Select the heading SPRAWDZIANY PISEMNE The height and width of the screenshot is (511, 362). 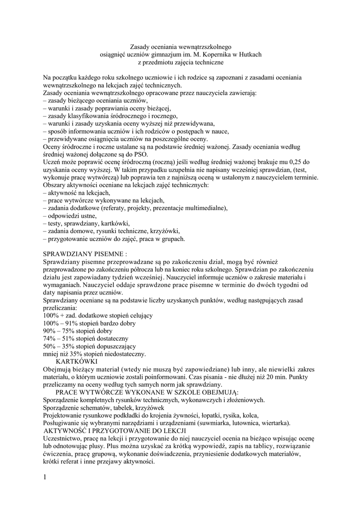pos(89,254)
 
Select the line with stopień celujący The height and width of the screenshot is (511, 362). pos(98,316)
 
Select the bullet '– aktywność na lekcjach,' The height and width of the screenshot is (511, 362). pos(76,193)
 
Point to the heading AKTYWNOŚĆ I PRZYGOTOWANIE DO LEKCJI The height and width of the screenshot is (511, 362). pos(115,430)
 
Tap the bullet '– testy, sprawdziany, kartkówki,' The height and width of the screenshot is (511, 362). pos(86,223)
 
